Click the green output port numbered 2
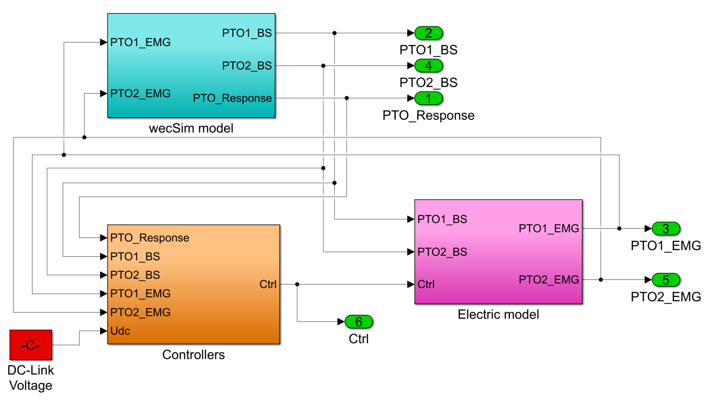tap(428, 33)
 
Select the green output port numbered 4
tap(428, 66)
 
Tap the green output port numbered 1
tap(428, 98)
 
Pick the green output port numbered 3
tap(666, 229)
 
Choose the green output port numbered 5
tap(666, 280)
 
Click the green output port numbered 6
tap(358, 322)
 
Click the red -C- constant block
tap(31, 345)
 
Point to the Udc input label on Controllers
tap(120, 331)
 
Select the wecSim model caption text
tap(191, 129)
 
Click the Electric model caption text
tap(498, 315)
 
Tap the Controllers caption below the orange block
tap(193, 355)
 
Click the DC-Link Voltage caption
tap(31, 378)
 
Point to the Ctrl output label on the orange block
tap(268, 284)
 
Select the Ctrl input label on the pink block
tap(426, 284)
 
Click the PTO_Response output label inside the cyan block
tap(232, 98)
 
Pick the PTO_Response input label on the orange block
tap(149, 238)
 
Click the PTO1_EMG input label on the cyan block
tap(140, 42)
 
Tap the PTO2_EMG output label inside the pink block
tap(549, 280)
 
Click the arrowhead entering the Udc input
tap(104, 331)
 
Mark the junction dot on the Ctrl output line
tap(297, 284)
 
